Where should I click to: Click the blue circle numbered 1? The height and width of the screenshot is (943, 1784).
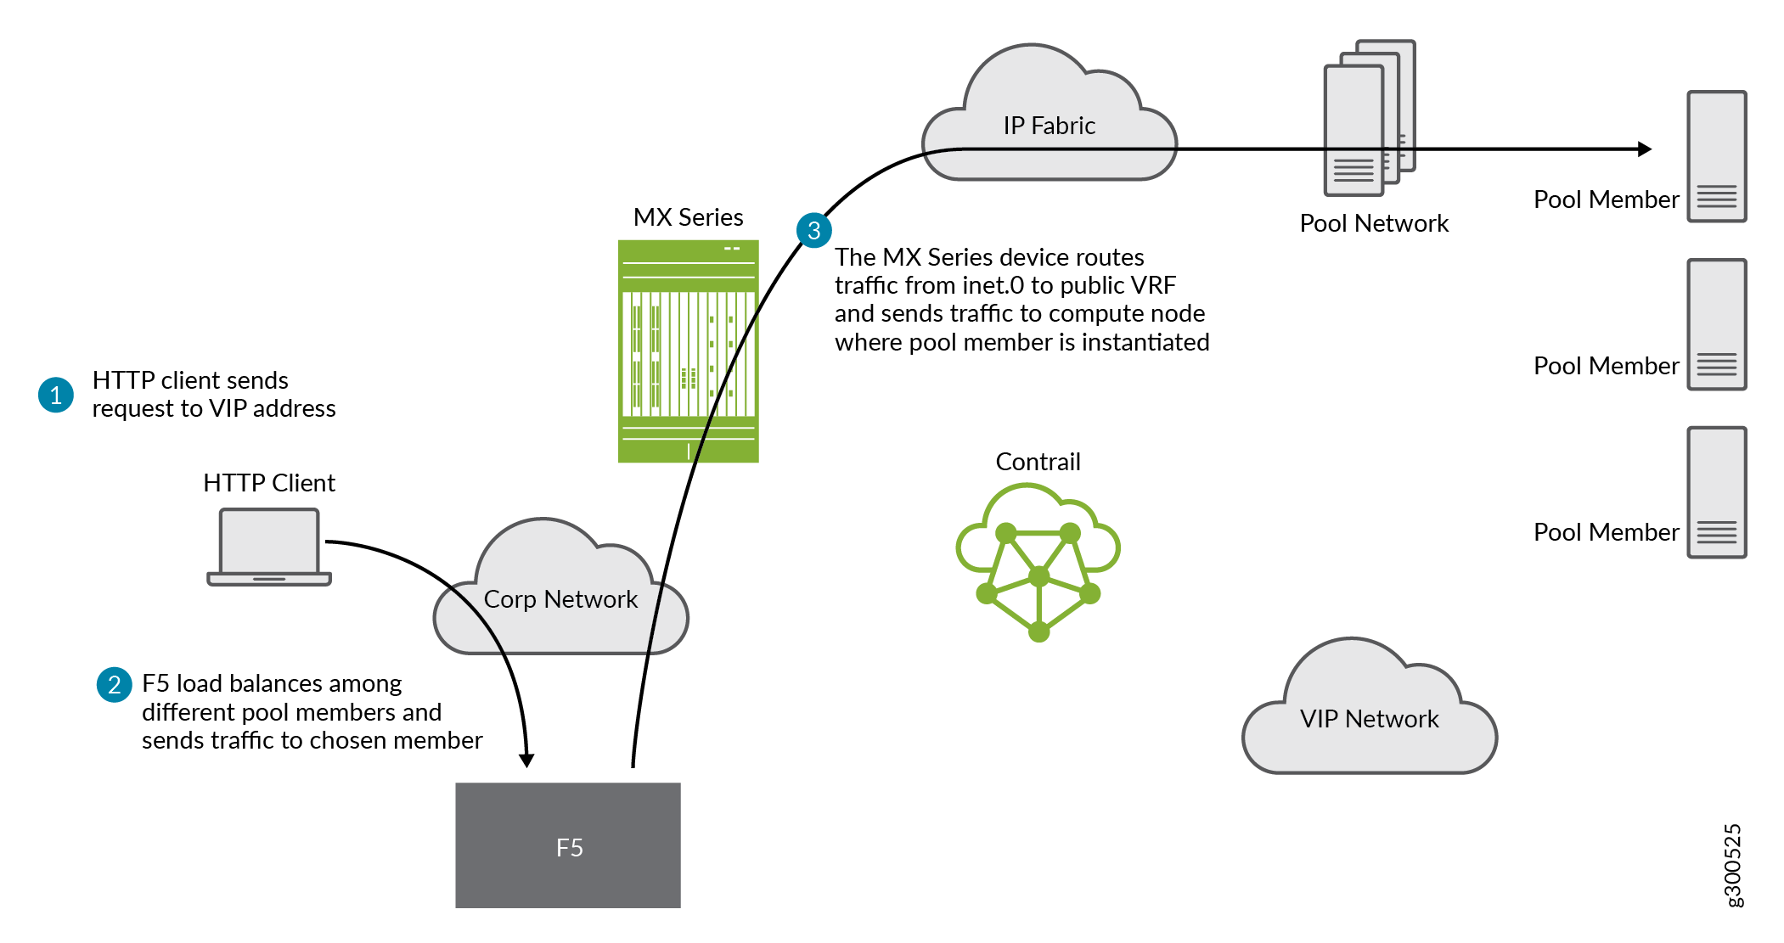pos(56,395)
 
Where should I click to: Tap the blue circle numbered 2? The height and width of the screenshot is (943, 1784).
pos(114,684)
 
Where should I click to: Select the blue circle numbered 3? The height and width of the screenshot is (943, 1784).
pos(813,230)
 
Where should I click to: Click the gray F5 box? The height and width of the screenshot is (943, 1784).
pos(568,845)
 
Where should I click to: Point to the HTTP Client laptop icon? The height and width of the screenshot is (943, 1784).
pos(269,547)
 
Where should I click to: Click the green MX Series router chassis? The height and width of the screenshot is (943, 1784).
pos(688,351)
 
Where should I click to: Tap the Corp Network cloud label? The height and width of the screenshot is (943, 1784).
pos(560,599)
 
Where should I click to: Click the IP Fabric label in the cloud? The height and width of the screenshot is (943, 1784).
pos(1050,126)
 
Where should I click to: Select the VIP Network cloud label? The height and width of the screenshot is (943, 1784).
pos(1369,719)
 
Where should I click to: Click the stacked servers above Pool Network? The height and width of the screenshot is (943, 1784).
pos(1369,117)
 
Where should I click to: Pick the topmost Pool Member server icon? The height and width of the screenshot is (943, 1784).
pos(1716,156)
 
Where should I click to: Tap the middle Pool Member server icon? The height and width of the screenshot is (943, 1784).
pos(1716,324)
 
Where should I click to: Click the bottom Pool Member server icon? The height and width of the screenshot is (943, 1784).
pos(1716,492)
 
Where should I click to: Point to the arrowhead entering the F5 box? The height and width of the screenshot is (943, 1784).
pos(526,760)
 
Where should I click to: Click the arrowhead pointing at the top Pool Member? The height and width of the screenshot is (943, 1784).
pos(1645,149)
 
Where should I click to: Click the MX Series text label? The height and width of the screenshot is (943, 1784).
pos(688,217)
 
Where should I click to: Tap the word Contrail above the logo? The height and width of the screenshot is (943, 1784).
pos(1038,462)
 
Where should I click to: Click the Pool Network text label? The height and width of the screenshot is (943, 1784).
pos(1374,223)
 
